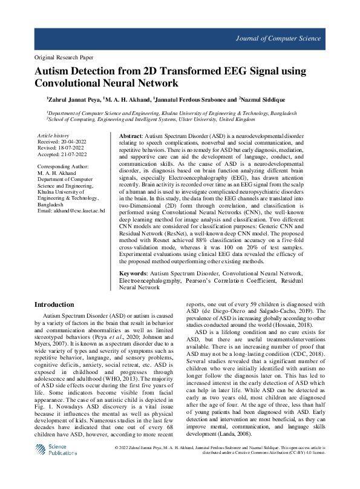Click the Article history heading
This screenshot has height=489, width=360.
(53, 136)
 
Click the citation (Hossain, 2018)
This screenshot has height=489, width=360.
(290, 324)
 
